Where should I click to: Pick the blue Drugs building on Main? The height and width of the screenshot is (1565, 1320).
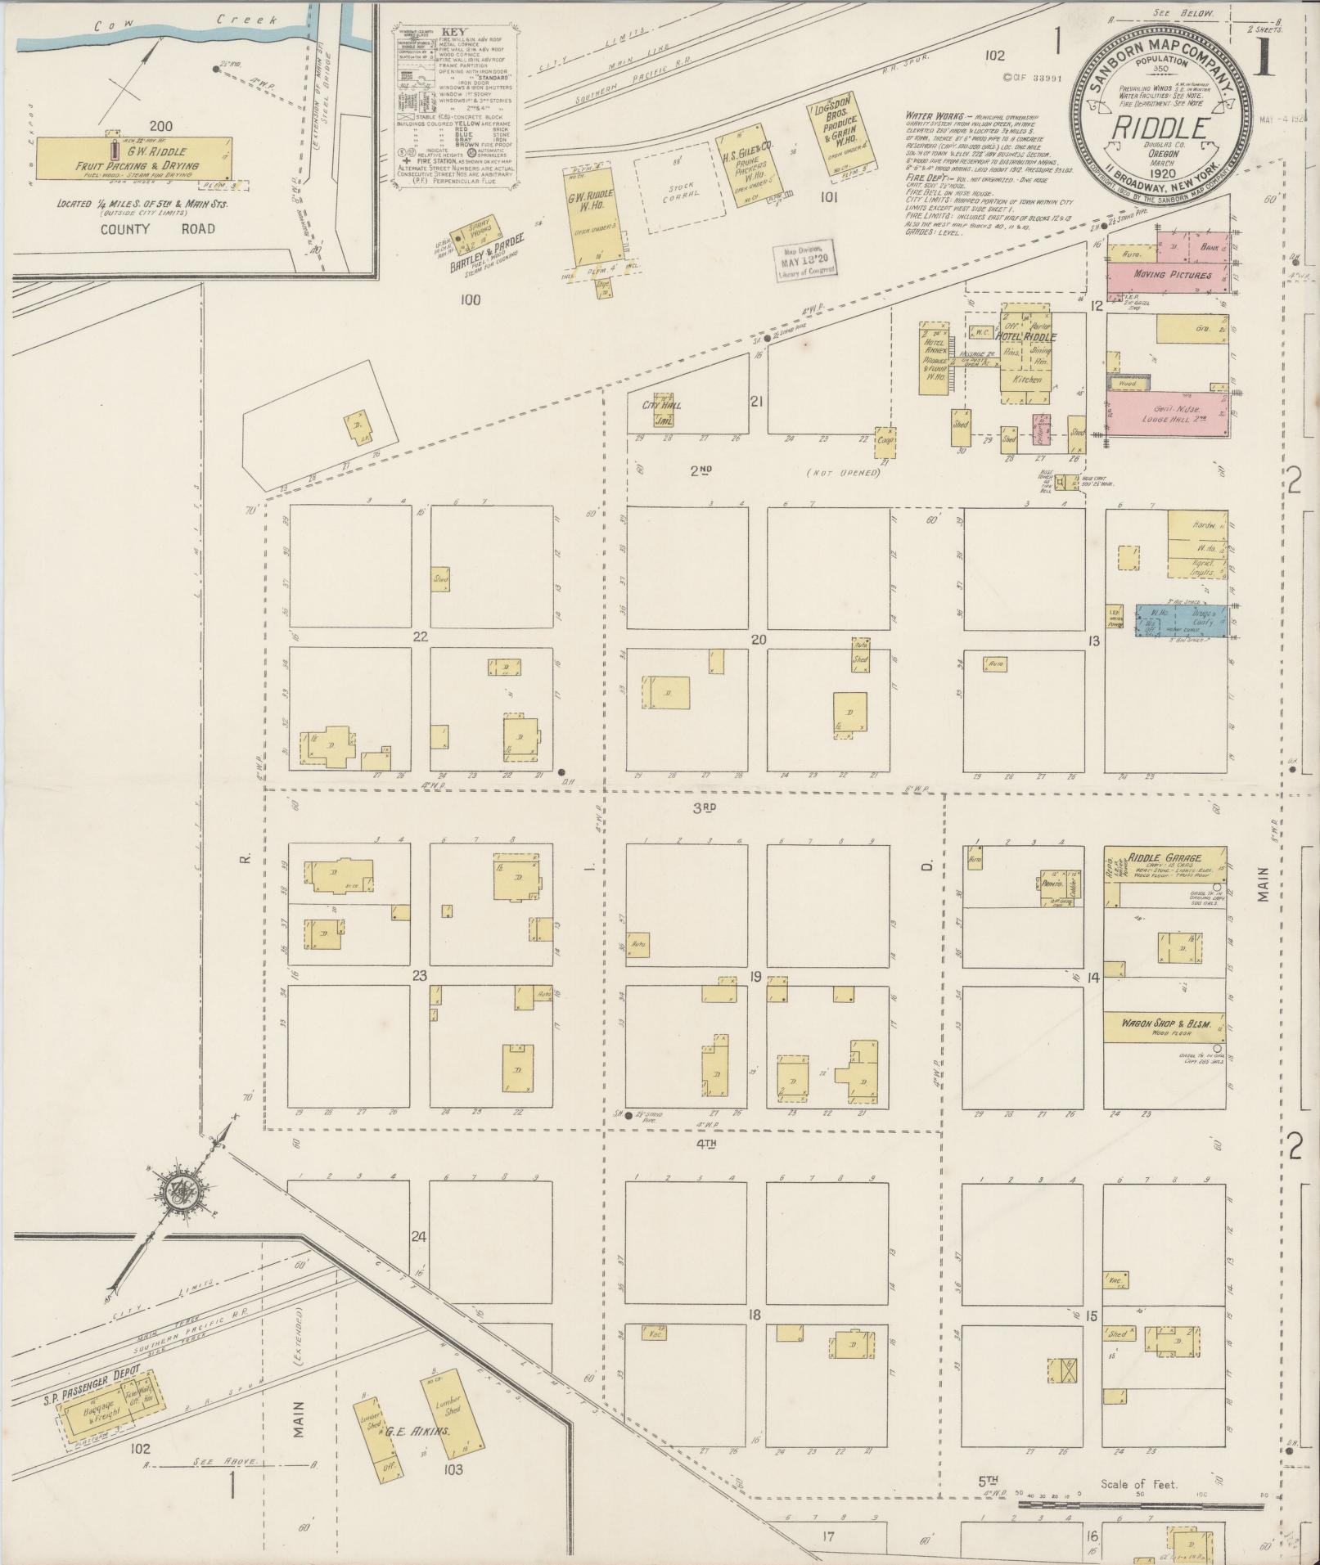[x=1181, y=620]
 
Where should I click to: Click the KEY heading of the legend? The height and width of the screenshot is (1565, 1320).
[x=453, y=33]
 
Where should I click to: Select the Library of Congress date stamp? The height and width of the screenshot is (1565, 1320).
[x=804, y=262]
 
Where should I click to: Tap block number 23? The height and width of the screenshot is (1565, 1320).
[x=420, y=975]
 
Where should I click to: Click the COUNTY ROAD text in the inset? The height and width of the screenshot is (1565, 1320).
[x=158, y=229]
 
